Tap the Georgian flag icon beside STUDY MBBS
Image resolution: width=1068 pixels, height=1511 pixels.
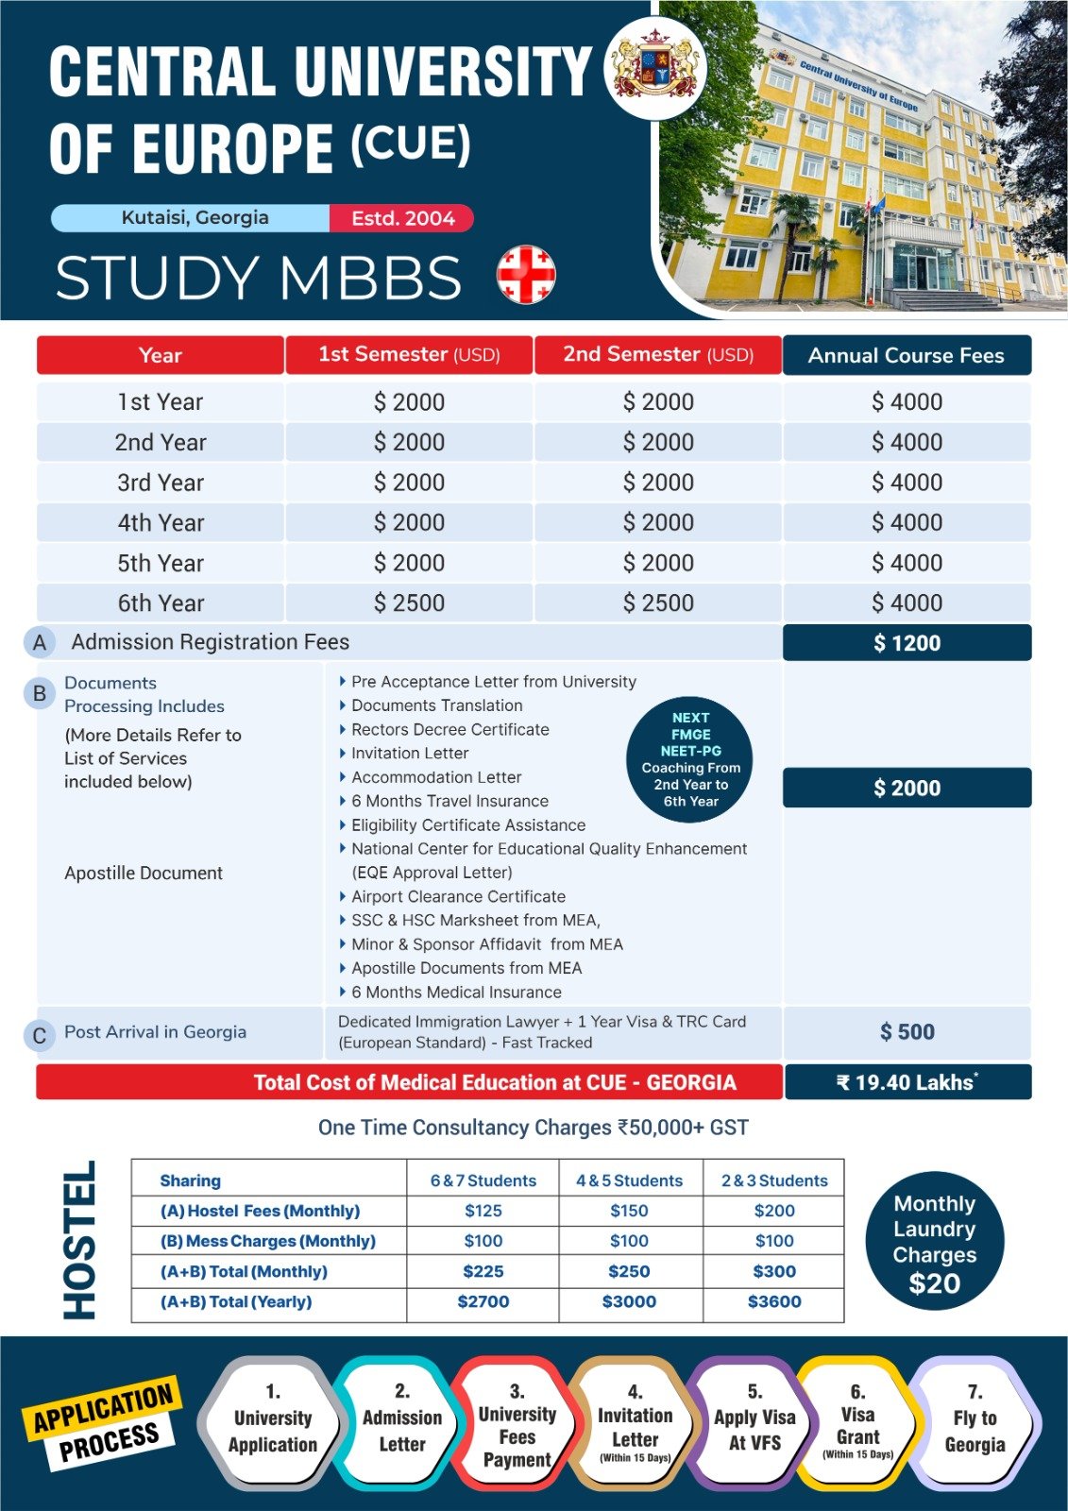[x=526, y=275]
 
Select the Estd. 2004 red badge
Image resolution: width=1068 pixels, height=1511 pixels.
[x=402, y=218]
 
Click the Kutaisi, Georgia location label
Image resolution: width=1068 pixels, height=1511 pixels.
[x=195, y=217]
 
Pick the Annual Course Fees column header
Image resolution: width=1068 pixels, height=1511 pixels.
[x=906, y=355]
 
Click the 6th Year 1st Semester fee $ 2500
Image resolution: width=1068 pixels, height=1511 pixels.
[x=409, y=603]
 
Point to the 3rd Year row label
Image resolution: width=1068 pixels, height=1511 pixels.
[x=161, y=483]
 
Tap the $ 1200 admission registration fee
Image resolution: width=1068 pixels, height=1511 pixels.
[x=907, y=643]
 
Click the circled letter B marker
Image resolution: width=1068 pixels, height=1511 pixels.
[x=40, y=693]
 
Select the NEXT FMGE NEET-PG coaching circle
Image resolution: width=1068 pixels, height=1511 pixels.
[x=691, y=759]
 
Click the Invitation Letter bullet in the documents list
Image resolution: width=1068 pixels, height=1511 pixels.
[x=410, y=754]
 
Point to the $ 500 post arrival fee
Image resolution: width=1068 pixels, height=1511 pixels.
[x=907, y=1032]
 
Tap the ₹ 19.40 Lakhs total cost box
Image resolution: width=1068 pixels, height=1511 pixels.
[x=907, y=1082]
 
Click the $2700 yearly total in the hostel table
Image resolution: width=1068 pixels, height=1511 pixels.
[x=483, y=1301]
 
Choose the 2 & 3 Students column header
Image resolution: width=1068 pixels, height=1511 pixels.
[x=774, y=1180]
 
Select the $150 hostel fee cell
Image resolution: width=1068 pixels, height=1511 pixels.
[x=629, y=1211]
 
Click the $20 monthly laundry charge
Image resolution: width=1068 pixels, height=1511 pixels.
[x=934, y=1283]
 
